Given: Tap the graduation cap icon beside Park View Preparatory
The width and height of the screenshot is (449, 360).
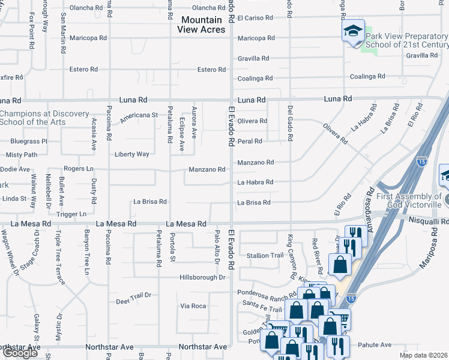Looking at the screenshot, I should (353, 30).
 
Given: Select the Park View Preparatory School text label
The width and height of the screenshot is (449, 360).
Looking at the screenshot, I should (406, 40).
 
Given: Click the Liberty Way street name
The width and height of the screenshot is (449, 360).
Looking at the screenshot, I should (132, 154).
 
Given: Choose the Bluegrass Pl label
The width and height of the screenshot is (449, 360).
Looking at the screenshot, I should (28, 142).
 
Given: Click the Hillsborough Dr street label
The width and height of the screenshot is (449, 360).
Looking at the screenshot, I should (202, 278).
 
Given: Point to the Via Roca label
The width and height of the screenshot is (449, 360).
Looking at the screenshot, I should (193, 306).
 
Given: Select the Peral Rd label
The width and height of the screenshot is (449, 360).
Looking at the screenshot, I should (250, 142).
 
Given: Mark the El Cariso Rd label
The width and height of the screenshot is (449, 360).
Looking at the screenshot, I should (256, 18).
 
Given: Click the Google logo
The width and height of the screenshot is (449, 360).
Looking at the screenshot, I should (20, 353).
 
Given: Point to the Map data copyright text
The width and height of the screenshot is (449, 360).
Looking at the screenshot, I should (423, 355).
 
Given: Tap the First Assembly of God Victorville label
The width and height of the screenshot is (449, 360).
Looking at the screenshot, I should (409, 200).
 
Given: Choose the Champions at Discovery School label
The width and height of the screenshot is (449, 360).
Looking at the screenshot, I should (44, 118).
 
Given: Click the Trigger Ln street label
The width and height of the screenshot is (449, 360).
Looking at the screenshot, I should (71, 214).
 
